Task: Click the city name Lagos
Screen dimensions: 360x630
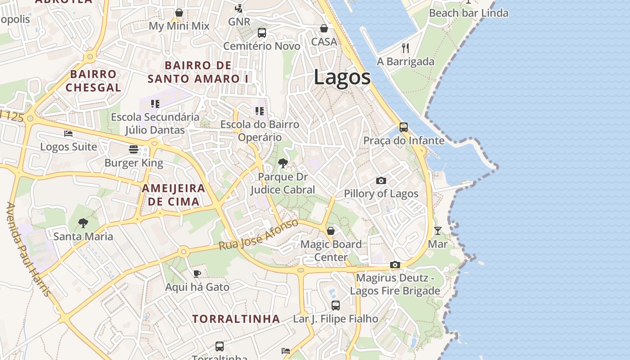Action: [342, 77]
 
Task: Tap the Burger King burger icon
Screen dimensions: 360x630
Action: [134, 149]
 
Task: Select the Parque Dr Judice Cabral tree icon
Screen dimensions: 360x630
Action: [283, 163]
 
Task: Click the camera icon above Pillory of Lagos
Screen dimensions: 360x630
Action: [381, 180]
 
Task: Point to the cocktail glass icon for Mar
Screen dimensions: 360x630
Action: [437, 231]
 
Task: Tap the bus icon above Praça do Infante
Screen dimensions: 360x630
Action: [404, 127]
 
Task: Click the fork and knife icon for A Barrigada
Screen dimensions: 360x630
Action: [405, 48]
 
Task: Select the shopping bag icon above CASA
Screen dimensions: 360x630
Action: [324, 29]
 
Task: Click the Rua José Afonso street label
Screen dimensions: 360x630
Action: [258, 235]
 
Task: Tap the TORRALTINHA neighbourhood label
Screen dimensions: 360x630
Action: [236, 319]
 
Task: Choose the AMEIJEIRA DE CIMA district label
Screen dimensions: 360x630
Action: [174, 195]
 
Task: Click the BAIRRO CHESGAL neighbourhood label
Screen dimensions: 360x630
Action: [94, 81]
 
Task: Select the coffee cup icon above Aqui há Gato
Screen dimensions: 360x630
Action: [197, 274]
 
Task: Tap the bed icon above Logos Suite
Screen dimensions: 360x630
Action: [68, 134]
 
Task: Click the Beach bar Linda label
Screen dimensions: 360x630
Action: [468, 13]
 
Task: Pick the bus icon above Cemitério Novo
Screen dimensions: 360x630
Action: [262, 33]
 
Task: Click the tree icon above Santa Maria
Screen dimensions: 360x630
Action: [83, 223]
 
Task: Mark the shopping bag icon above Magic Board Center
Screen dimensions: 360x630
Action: [331, 231]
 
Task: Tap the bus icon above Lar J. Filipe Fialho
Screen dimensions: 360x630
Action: [336, 306]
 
